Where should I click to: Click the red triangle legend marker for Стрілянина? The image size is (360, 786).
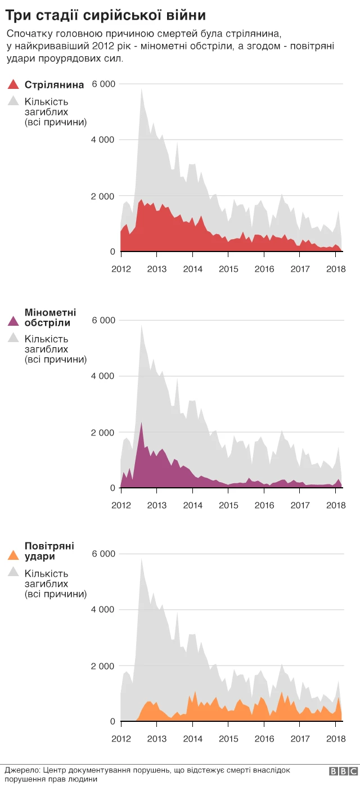coord(13,85)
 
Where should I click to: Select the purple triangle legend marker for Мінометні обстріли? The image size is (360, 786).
coord(13,322)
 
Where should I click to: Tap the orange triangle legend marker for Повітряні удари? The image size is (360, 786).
coord(13,555)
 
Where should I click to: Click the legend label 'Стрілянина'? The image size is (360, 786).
coord(55,85)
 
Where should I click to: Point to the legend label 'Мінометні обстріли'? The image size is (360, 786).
coord(50,317)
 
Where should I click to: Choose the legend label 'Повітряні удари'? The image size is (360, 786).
coord(49,551)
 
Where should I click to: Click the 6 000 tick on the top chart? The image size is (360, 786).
coord(103,84)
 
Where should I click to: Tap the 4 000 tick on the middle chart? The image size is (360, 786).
coord(103,376)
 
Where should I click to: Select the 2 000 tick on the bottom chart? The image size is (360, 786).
coord(103,666)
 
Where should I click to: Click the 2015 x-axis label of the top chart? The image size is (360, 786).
coord(228,269)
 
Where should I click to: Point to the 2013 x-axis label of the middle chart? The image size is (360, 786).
coord(156,505)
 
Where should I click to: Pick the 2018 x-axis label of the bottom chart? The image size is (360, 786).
coord(336,739)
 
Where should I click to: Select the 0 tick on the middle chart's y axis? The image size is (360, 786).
coord(112,488)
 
